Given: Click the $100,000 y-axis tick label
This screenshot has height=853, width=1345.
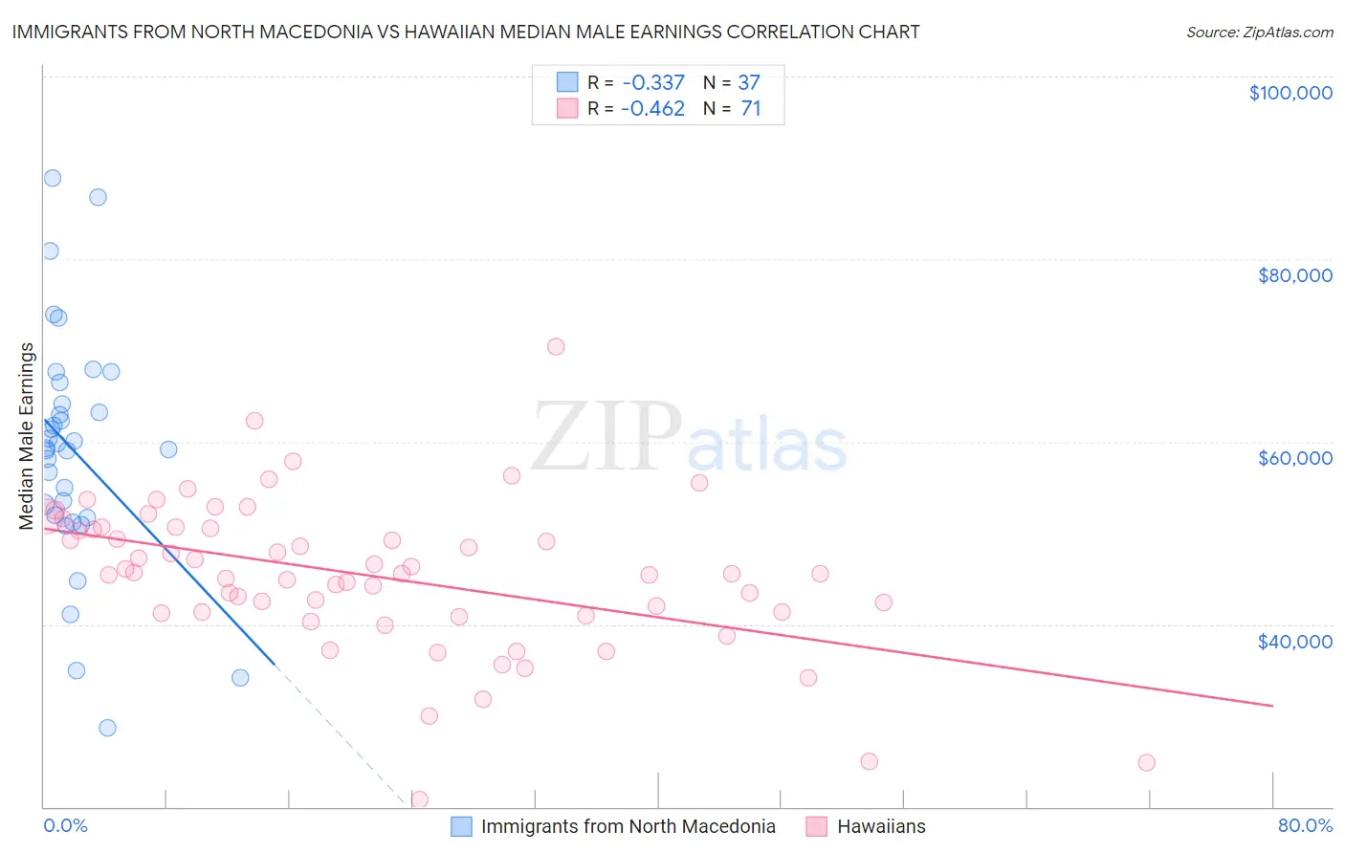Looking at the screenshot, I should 1290,93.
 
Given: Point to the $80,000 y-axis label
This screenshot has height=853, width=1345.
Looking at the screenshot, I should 1295,275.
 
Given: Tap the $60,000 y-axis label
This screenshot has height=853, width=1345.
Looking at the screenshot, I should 1295,458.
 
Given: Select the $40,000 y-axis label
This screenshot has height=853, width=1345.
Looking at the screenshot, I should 1295,641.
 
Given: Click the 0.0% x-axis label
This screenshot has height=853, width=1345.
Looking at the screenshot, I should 65,825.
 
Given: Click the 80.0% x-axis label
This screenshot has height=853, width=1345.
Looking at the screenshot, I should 1305,825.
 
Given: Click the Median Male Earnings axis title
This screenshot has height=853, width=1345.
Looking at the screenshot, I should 27,435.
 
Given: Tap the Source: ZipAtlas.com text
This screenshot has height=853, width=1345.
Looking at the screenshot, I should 1259,33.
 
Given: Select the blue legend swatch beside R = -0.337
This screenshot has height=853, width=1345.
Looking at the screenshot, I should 567,82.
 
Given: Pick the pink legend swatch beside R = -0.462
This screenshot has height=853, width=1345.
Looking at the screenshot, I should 567,108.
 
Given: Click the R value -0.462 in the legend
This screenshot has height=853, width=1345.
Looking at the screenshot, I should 652,108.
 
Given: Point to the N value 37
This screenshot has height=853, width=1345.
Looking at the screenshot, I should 749,82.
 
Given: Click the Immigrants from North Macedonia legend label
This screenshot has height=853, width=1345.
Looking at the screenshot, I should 628,826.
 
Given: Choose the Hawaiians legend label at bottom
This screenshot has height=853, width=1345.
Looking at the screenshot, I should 881,826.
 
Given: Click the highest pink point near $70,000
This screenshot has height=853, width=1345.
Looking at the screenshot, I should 556,346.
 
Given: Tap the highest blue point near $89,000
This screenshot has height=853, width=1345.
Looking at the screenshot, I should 53,178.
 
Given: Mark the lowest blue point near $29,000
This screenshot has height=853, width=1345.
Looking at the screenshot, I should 107,728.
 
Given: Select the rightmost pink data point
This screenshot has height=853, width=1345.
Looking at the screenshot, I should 1146,762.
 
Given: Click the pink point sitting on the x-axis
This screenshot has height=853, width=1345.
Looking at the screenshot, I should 419,799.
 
